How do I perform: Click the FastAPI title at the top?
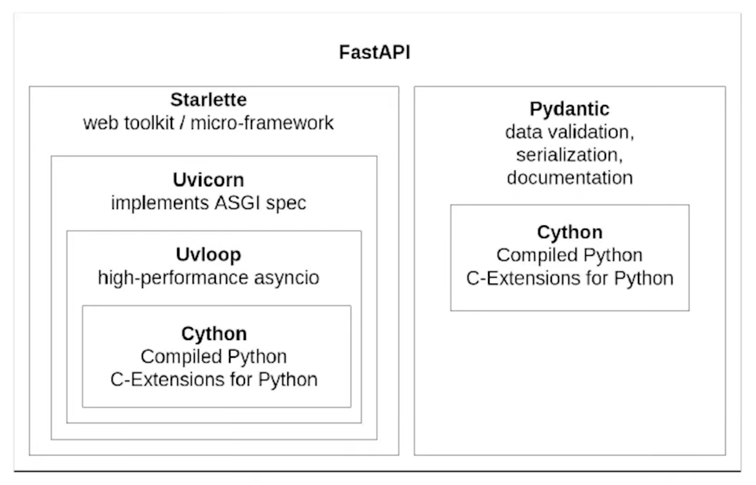click(x=374, y=52)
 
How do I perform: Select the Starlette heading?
click(x=208, y=100)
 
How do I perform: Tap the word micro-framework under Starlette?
click(x=262, y=123)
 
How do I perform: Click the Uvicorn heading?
click(x=208, y=180)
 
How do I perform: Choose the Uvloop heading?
click(x=208, y=255)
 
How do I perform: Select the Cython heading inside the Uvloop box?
click(x=214, y=333)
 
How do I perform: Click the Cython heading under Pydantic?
click(x=570, y=232)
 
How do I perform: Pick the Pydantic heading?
click(x=569, y=109)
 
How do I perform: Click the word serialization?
click(x=569, y=155)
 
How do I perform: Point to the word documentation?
click(x=570, y=178)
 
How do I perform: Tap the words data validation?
click(x=569, y=133)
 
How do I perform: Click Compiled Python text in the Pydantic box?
click(x=569, y=255)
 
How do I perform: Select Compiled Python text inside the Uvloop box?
click(x=214, y=357)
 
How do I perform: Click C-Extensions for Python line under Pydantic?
click(x=570, y=279)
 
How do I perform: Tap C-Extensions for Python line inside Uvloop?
click(x=214, y=380)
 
